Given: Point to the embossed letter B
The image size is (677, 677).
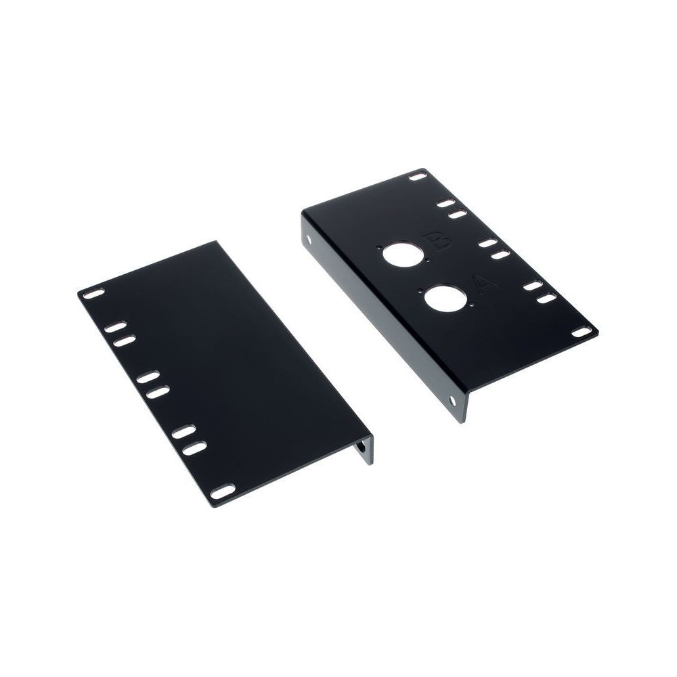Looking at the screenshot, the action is [x=437, y=241].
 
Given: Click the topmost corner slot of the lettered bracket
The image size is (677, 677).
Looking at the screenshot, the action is [x=418, y=177].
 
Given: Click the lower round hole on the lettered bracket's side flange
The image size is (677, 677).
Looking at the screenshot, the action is [x=452, y=400].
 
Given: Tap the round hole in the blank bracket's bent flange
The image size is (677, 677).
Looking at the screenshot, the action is [x=362, y=447].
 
